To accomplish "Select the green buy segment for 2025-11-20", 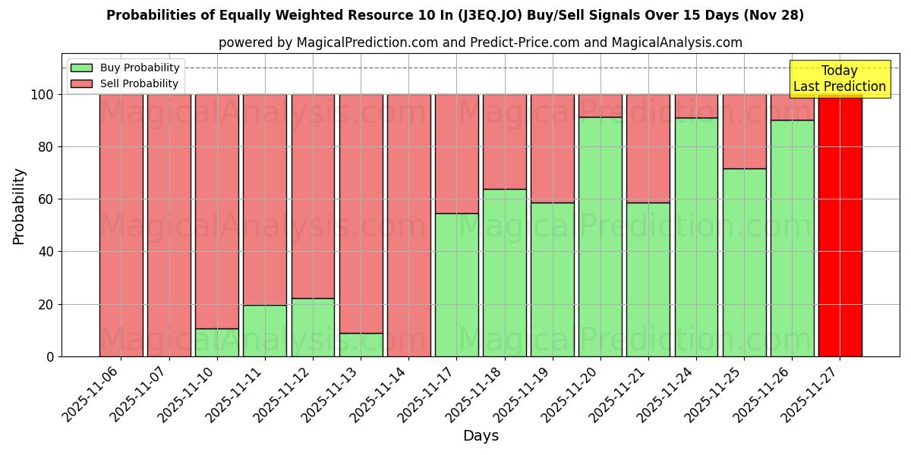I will [x=601, y=237].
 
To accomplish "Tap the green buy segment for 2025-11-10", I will [x=217, y=343].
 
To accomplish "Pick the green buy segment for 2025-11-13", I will [x=361, y=345].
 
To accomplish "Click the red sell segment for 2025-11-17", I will [x=457, y=154].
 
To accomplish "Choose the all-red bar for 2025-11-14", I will [x=409, y=225].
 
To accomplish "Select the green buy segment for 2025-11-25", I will [x=744, y=262].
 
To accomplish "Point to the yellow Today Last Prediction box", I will [x=840, y=79].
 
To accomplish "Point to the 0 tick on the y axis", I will [x=50, y=356].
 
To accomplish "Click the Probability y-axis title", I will [x=19, y=206].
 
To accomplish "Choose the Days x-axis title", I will [x=481, y=436].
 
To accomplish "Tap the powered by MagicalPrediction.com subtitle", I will [x=481, y=42].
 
